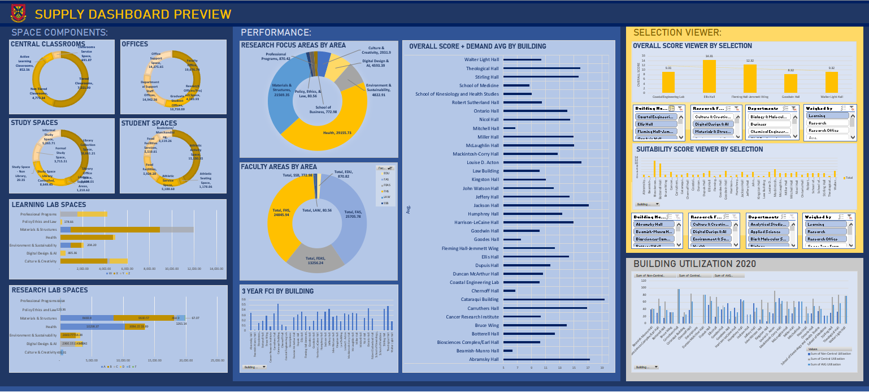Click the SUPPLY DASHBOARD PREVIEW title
point(133,14)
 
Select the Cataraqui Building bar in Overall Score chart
point(553,299)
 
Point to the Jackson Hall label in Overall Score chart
point(486,205)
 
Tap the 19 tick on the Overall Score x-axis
point(602,368)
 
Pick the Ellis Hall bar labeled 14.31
point(709,76)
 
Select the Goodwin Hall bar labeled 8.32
point(790,83)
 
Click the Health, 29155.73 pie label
point(337,133)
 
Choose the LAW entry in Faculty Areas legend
point(386,197)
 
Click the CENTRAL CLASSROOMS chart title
point(47,44)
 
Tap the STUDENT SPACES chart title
point(149,123)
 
